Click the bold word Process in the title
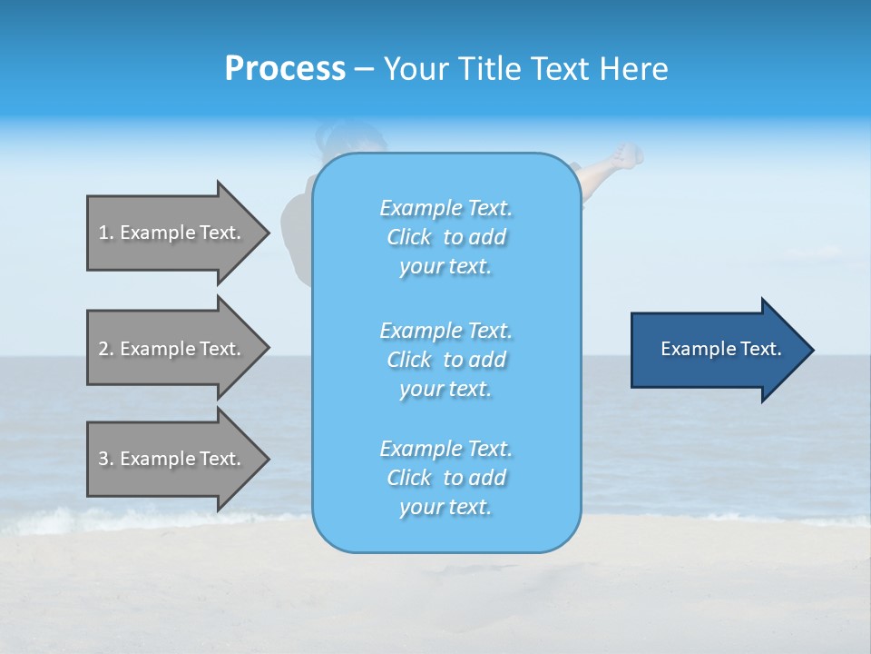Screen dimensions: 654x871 pos(285,69)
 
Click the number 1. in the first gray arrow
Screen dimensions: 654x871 pos(106,233)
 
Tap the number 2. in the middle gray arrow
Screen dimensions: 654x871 pos(106,349)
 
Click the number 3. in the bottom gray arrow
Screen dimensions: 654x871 pos(106,459)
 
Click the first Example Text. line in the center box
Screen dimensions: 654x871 pos(445,208)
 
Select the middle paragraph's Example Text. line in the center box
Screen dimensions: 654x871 pos(445,330)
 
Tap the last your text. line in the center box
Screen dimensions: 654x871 pos(445,507)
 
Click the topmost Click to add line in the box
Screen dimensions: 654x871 pos(445,237)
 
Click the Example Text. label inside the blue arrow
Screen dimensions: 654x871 pos(720,349)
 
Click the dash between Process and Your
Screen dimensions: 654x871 pos(364,70)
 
